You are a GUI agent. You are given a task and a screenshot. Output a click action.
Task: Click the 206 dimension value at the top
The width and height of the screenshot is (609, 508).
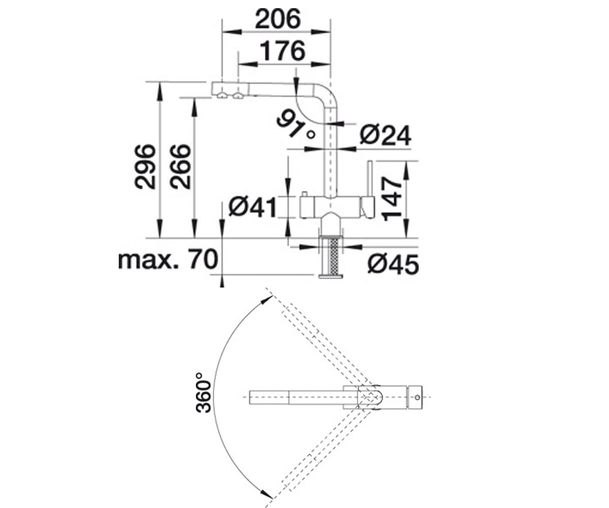tap(278, 18)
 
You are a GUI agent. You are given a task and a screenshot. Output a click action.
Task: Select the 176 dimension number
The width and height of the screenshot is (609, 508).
tap(282, 51)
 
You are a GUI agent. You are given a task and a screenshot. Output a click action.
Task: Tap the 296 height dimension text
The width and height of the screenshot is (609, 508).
tap(145, 166)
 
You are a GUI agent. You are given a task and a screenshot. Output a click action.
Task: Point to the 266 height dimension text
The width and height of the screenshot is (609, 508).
tap(181, 166)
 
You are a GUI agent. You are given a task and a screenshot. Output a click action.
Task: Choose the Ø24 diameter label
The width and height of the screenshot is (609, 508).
tap(385, 135)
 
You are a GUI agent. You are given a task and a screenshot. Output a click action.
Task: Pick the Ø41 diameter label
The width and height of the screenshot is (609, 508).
tap(252, 207)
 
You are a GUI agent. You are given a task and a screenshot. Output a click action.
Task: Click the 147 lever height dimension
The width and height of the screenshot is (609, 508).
tap(392, 199)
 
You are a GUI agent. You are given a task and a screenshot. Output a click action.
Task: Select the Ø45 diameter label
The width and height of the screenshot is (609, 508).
tap(393, 264)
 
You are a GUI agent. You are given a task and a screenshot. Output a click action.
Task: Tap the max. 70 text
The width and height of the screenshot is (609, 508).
tap(168, 259)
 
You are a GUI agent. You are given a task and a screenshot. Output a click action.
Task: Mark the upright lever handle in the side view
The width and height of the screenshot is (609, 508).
tap(370, 179)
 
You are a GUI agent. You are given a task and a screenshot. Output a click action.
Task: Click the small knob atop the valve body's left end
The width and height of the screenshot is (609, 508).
tap(305, 194)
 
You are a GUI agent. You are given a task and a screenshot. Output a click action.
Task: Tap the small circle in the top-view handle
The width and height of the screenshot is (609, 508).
tap(417, 397)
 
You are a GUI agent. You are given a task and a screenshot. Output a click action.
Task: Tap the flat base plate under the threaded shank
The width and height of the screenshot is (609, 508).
tap(331, 276)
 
